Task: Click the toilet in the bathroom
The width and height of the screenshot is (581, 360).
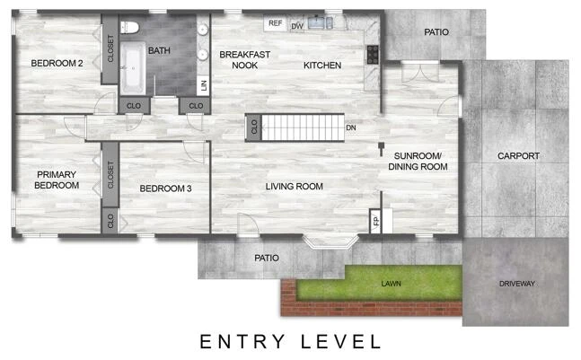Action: pyautogui.click(x=129, y=28)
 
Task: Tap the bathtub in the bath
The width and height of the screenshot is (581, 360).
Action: pyautogui.click(x=133, y=67)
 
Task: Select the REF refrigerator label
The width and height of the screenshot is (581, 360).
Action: pyautogui.click(x=276, y=23)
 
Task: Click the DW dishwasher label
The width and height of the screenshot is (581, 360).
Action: pyautogui.click(x=297, y=26)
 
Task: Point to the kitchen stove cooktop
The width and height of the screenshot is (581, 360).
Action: pyautogui.click(x=373, y=55)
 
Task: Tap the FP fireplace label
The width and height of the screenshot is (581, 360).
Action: pyautogui.click(x=375, y=222)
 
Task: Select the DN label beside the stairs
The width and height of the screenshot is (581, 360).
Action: pyautogui.click(x=351, y=127)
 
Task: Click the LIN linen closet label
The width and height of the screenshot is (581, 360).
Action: pyautogui.click(x=203, y=85)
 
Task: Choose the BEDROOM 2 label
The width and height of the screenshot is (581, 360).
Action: pyautogui.click(x=57, y=64)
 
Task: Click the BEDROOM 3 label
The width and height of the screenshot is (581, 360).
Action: pyautogui.click(x=165, y=189)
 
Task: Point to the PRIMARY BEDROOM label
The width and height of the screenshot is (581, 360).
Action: pyautogui.click(x=57, y=180)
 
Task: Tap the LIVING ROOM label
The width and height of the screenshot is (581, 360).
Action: pyautogui.click(x=295, y=187)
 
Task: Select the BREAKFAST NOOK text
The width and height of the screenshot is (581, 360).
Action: pyautogui.click(x=244, y=59)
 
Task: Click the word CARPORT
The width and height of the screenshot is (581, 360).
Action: pyautogui.click(x=518, y=156)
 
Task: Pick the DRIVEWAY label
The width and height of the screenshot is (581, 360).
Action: pyautogui.click(x=517, y=284)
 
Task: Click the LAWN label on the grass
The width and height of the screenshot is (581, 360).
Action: pyautogui.click(x=392, y=284)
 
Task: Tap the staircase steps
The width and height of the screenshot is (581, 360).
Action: pyautogui.click(x=304, y=127)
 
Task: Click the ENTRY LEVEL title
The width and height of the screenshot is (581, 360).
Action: pyautogui.click(x=291, y=341)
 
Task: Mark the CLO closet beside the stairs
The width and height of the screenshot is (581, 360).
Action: pyautogui.click(x=254, y=127)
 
